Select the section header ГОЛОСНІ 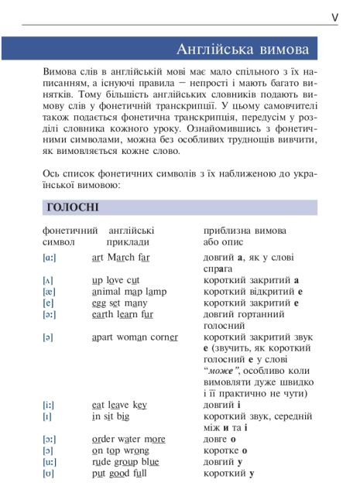click(72, 207)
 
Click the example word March click(122, 256)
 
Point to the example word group click(128, 462)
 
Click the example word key click(140, 405)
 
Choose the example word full click(139, 474)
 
